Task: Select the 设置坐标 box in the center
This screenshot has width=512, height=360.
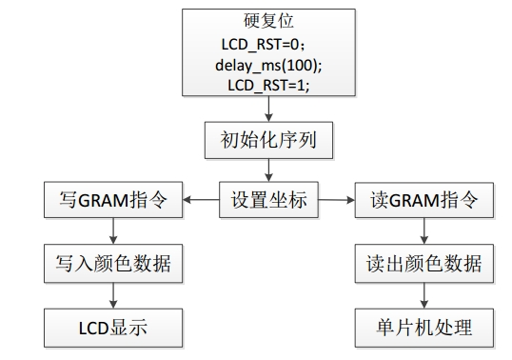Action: click(x=269, y=201)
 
